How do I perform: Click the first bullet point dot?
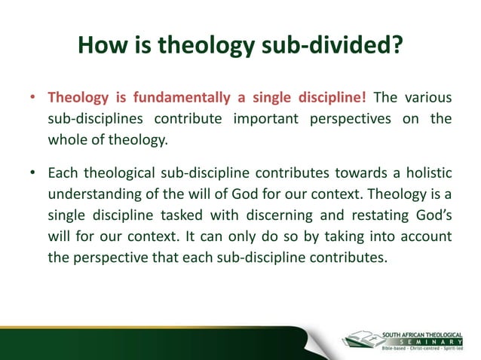point(34,99)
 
